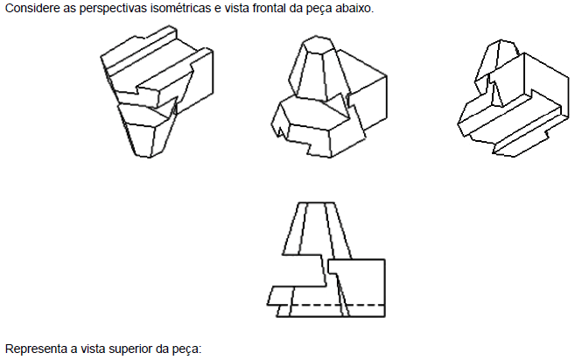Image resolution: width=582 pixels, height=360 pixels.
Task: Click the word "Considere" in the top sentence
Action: [x=32, y=8]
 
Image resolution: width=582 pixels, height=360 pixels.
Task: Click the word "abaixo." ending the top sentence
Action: [x=354, y=8]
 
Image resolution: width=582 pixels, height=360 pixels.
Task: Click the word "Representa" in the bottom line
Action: [x=35, y=349]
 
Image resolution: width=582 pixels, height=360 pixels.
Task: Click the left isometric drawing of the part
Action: [x=157, y=92]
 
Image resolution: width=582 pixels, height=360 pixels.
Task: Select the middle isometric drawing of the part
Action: [x=329, y=96]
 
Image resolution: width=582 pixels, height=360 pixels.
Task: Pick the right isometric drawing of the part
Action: [x=513, y=98]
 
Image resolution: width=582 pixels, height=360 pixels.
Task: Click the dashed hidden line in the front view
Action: [x=337, y=306]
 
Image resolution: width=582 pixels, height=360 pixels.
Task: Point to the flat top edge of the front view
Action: [x=317, y=203]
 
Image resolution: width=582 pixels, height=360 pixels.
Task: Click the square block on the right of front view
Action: [x=356, y=288]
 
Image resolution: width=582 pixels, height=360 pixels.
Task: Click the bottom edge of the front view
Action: [x=330, y=317]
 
